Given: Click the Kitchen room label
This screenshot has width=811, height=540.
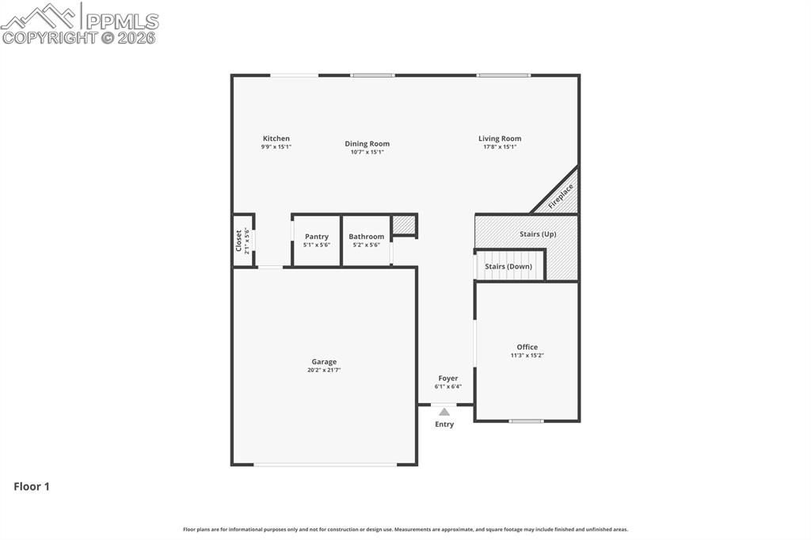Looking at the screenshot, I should coord(276,139).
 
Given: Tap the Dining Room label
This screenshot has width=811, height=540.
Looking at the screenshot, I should coord(367,144).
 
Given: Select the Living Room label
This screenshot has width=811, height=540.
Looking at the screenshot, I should coord(500,139).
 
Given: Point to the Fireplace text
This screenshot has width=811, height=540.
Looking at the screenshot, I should coord(561,196).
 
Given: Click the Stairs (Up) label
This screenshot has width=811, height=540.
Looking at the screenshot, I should coord(538,234).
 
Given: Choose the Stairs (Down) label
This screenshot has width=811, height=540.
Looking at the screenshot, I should coord(508,267).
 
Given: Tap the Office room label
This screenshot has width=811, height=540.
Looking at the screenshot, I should coord(527,347).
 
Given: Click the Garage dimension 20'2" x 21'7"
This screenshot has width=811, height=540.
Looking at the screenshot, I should coord(324,370).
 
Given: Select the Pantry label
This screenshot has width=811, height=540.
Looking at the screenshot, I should coord(317,237).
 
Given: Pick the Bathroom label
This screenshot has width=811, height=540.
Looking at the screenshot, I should coord(367,237).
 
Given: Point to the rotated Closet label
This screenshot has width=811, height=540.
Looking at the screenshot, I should coord(238,241).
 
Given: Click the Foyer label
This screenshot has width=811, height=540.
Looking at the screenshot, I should coord(448,378).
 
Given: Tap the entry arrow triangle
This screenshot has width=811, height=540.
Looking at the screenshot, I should coord(444,412).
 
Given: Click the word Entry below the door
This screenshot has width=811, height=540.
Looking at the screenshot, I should coord(444,424).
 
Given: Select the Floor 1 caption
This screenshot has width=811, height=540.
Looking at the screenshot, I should coord(32,487).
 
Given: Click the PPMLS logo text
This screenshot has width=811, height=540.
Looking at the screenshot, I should coord(121,21).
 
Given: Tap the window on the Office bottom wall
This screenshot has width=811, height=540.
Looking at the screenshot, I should coord(527,421).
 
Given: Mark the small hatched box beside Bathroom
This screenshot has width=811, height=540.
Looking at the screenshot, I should coord(404,225).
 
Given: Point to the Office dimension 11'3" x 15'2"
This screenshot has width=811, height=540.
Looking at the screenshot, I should coord(527,356).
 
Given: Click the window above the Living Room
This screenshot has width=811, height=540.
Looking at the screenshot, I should coord(504,75).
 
